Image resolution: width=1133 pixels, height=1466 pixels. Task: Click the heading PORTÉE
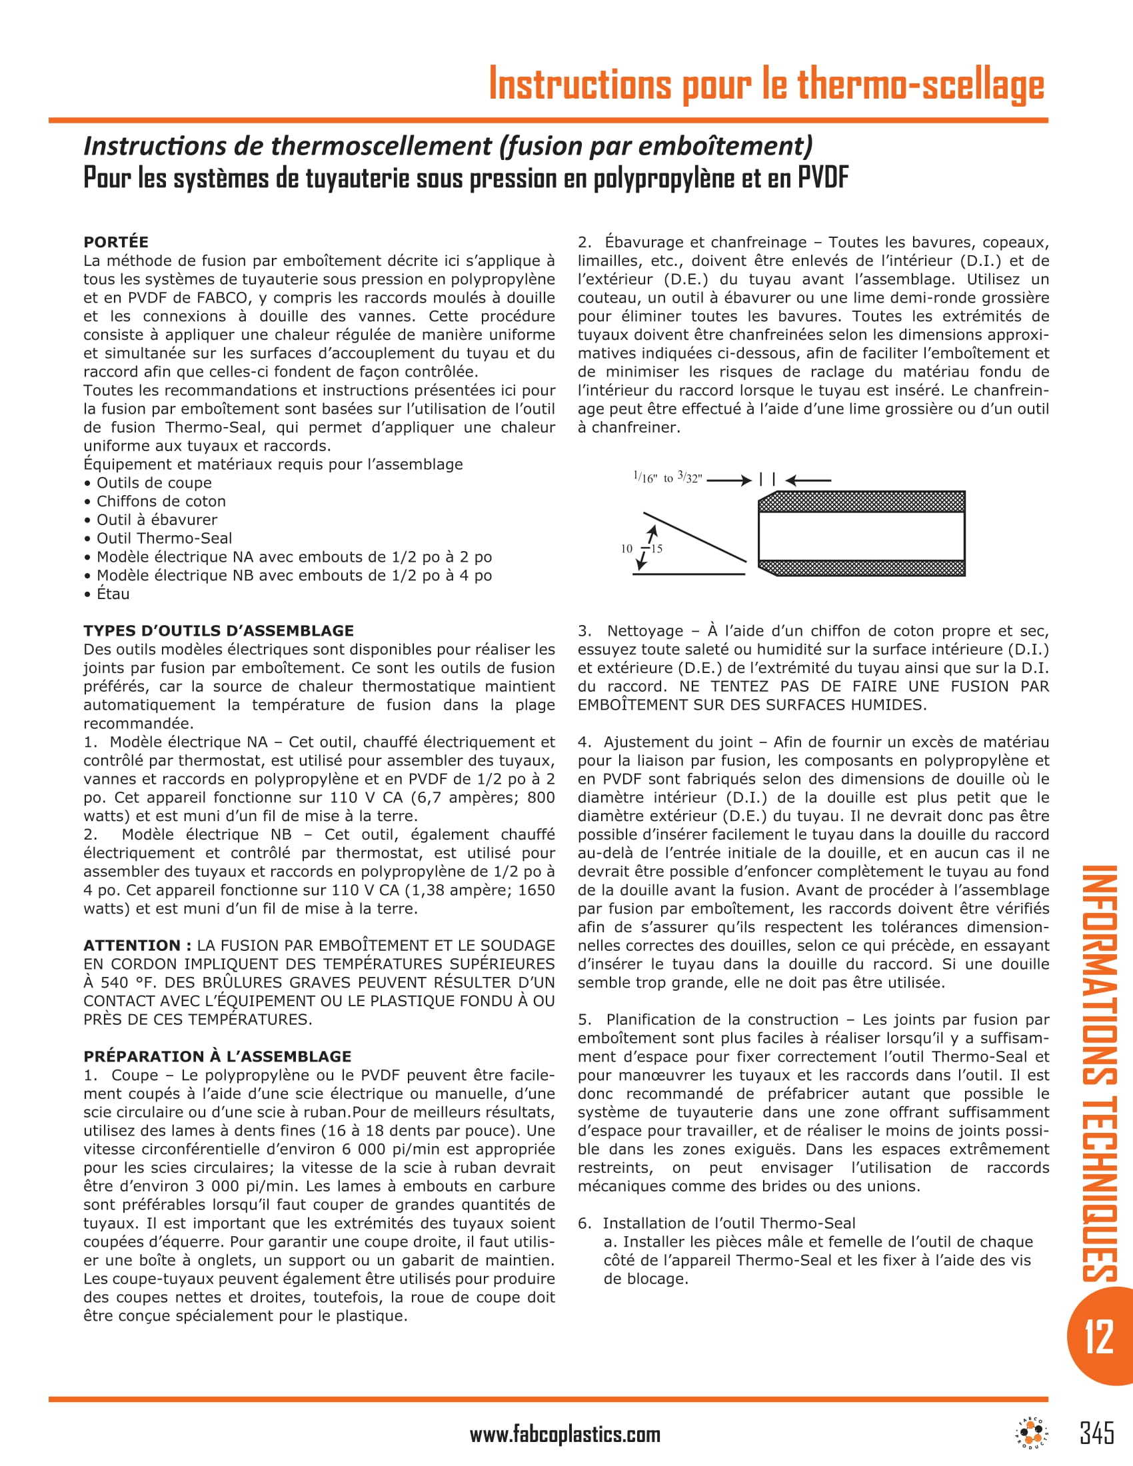(x=115, y=242)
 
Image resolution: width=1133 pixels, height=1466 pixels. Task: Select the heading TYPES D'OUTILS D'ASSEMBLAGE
(x=218, y=630)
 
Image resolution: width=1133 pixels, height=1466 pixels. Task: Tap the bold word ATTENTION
(x=131, y=945)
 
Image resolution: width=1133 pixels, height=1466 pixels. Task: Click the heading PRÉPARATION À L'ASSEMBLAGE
(x=217, y=1056)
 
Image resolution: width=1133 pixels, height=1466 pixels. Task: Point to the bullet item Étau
(x=113, y=593)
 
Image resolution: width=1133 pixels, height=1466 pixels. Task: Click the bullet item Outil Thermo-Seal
(x=164, y=538)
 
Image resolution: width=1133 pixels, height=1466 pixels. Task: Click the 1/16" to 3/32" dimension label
(x=667, y=478)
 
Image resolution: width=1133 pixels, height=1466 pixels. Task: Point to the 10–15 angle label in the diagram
(x=641, y=548)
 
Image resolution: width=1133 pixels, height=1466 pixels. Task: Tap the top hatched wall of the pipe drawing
(x=862, y=501)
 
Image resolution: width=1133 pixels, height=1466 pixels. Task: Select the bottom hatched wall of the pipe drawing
(x=862, y=567)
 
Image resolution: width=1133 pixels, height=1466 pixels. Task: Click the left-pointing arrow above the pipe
(x=808, y=480)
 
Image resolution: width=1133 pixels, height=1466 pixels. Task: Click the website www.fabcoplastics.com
(x=565, y=1435)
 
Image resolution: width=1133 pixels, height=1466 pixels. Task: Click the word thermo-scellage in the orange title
(x=920, y=85)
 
